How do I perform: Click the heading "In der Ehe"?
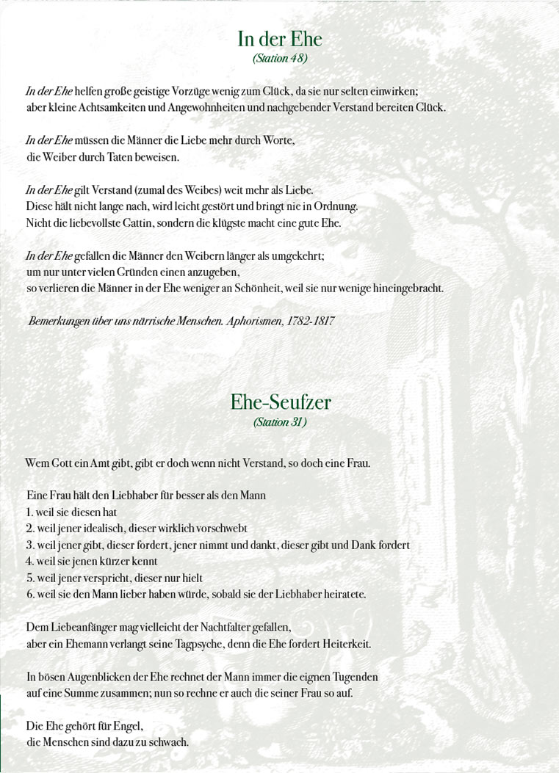279,39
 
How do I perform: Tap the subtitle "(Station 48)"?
279,57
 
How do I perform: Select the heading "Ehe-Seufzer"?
280,402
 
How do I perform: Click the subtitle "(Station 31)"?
279,422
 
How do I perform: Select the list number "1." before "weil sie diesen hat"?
30,512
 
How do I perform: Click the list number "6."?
31,593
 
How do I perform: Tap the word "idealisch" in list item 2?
104,529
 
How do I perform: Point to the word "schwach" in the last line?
169,742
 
